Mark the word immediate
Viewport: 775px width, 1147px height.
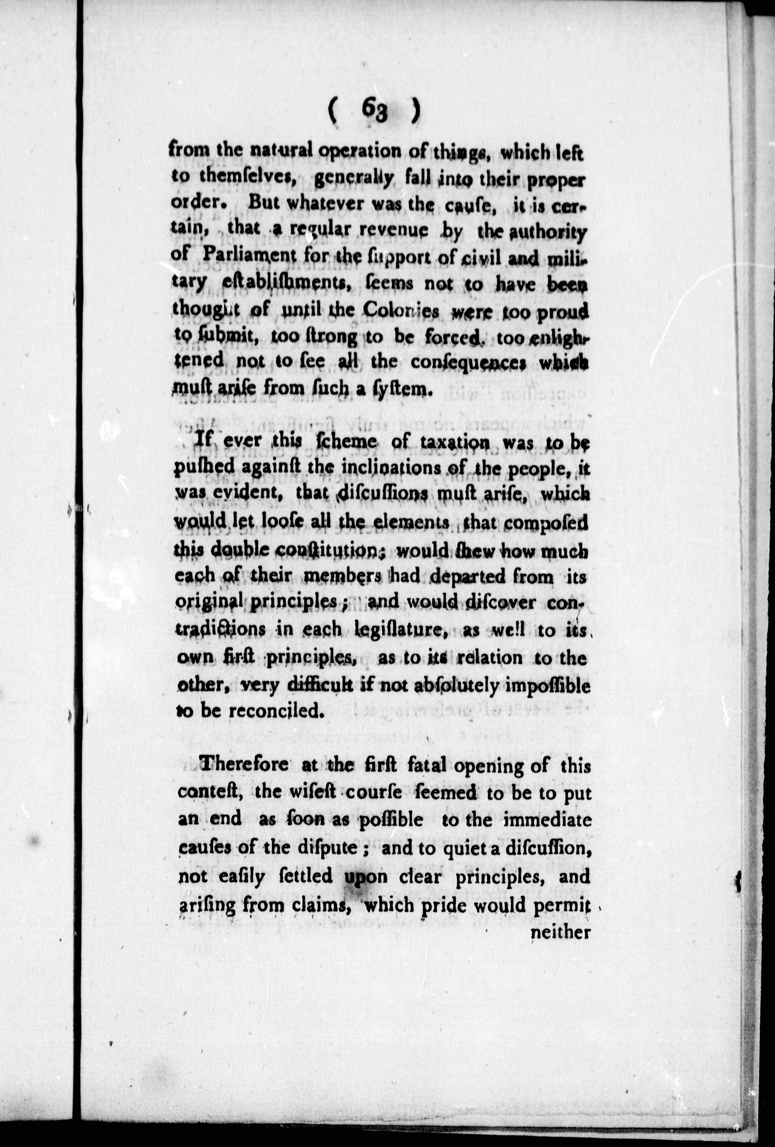pos(547,819)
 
